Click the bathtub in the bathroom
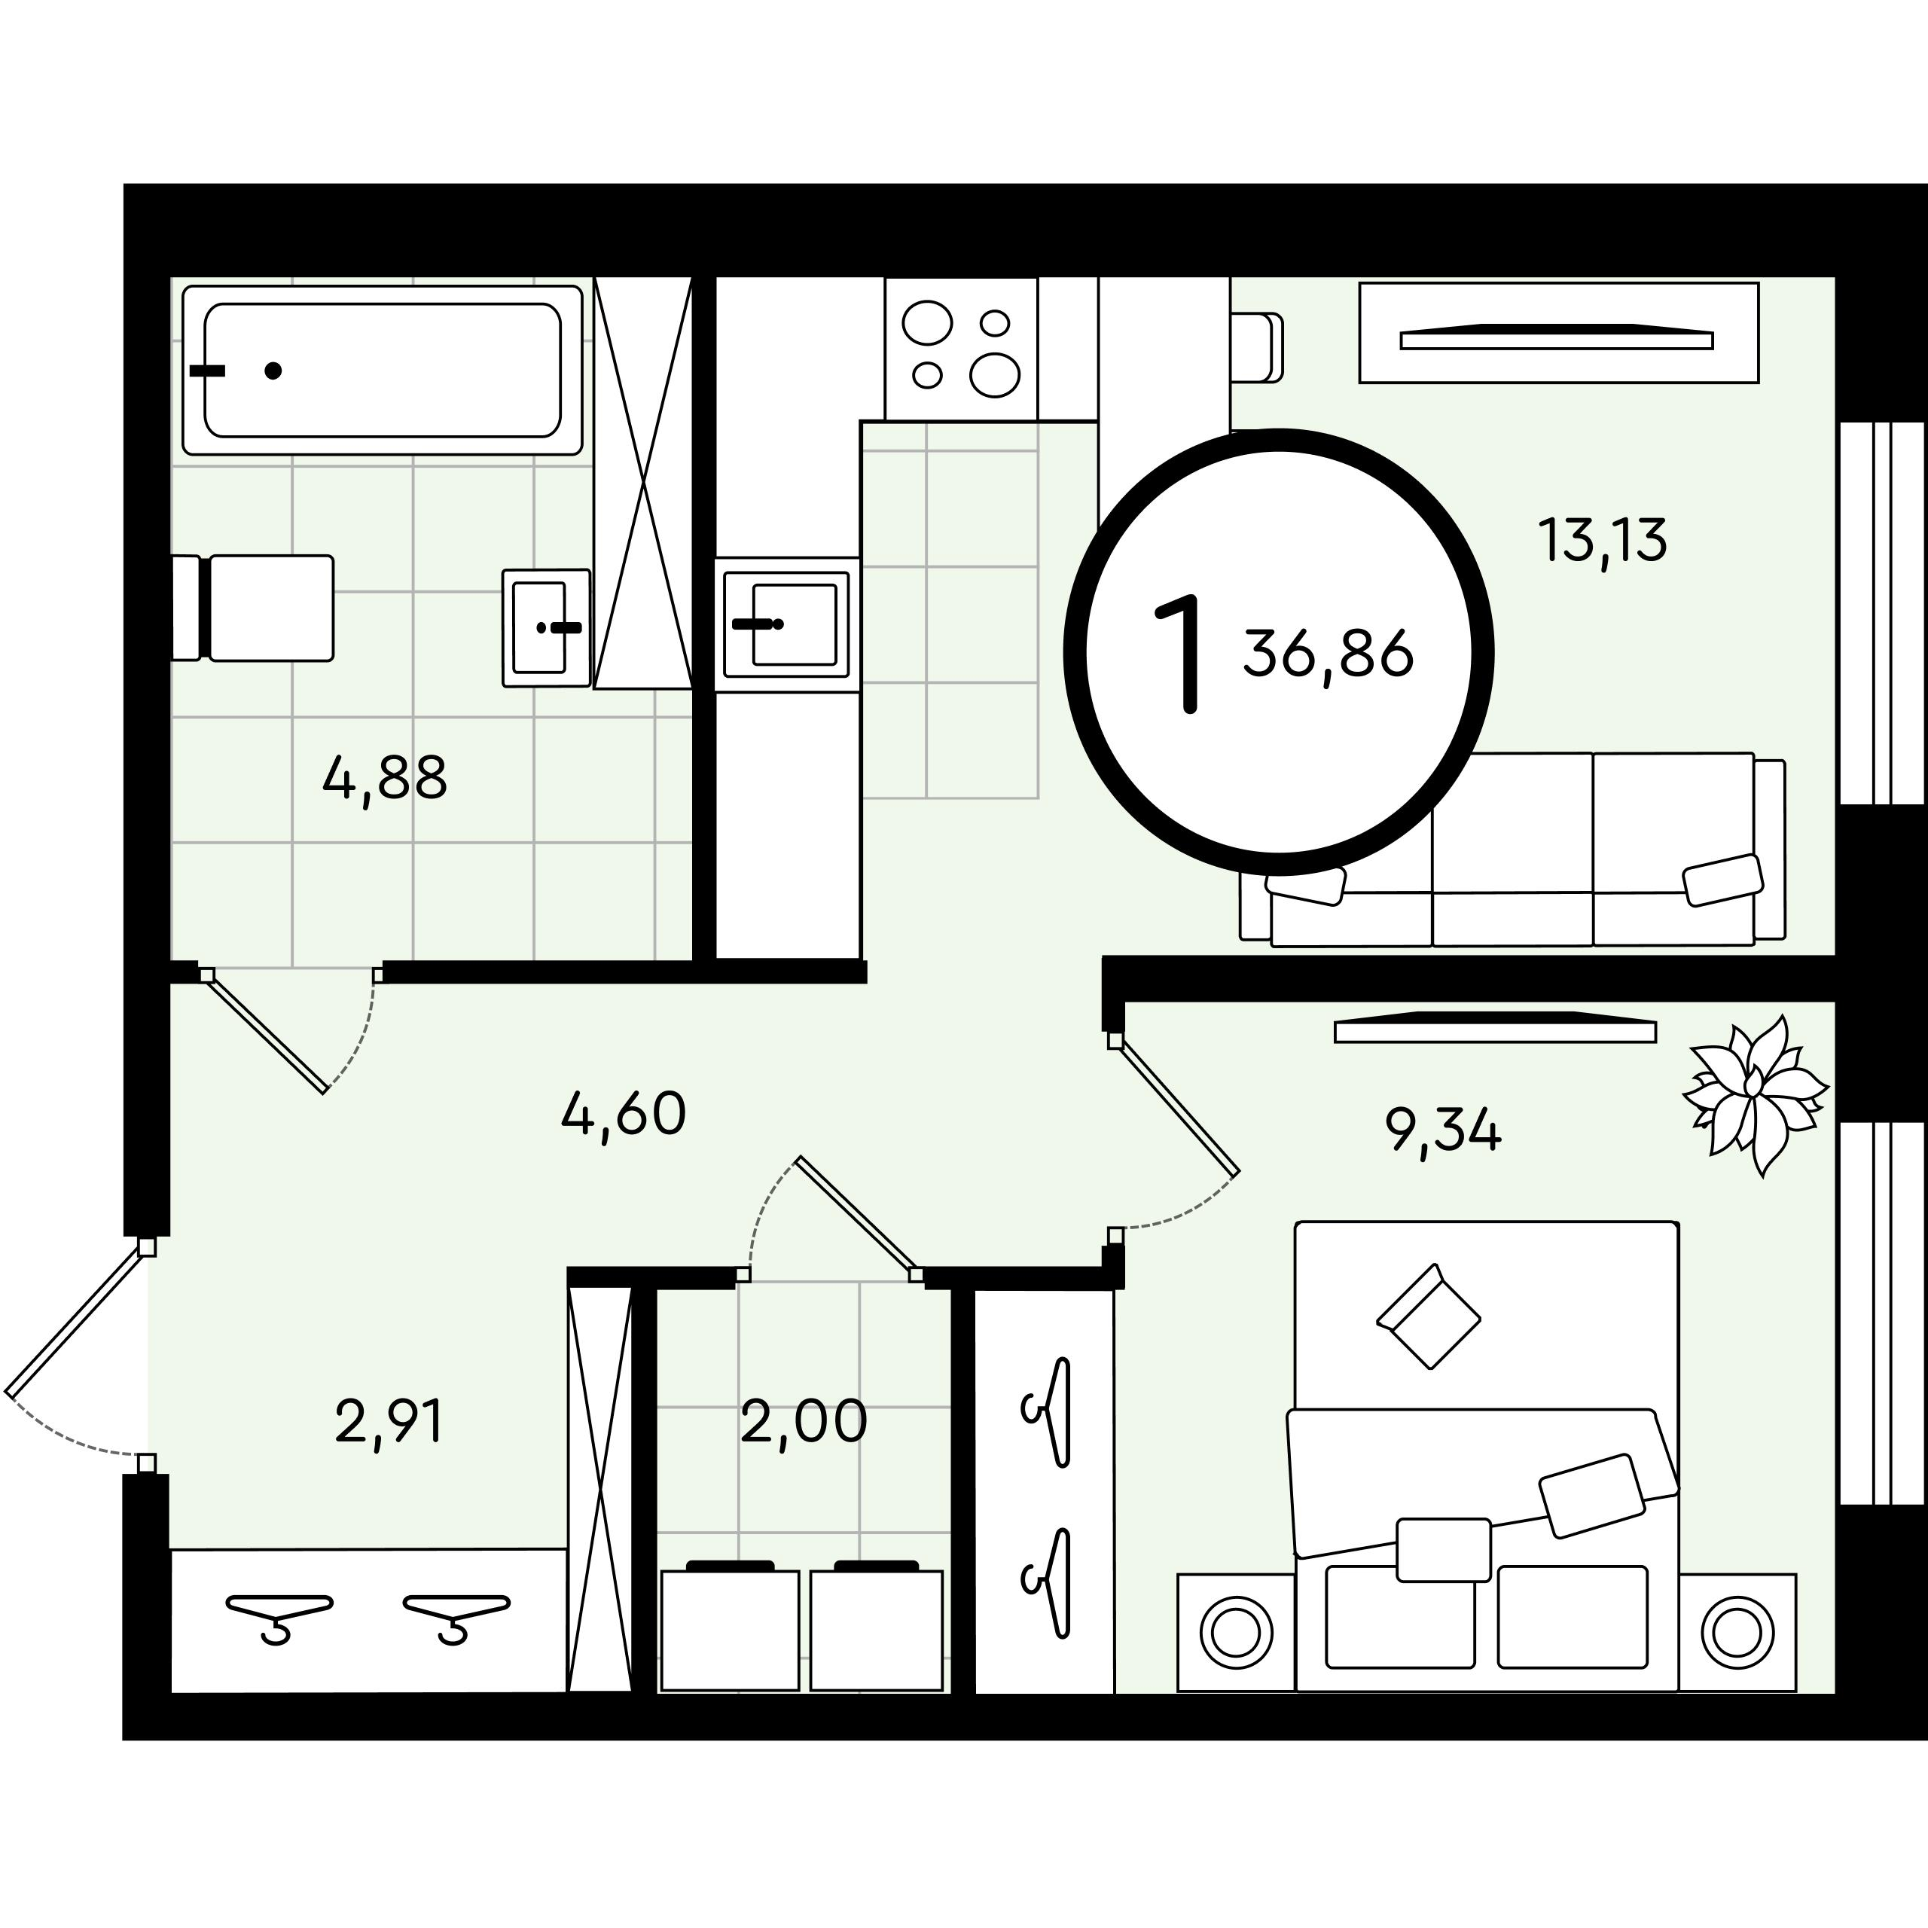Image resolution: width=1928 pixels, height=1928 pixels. tap(382, 371)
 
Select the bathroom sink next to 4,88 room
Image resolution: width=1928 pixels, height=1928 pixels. tap(546, 627)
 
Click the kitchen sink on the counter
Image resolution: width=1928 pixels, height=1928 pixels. tap(787, 624)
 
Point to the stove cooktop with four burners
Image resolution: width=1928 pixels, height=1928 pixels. tap(961, 348)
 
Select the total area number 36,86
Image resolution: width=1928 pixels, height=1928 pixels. tap(1329, 654)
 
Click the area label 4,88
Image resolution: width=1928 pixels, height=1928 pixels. tap(385, 779)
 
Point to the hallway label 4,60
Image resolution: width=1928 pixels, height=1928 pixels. tap(624, 1114)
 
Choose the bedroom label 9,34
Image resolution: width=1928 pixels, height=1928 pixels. tap(1443, 1130)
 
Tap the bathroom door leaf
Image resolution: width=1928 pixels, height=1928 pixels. tap(267, 1032)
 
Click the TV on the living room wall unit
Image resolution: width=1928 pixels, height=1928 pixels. tap(1557, 337)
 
